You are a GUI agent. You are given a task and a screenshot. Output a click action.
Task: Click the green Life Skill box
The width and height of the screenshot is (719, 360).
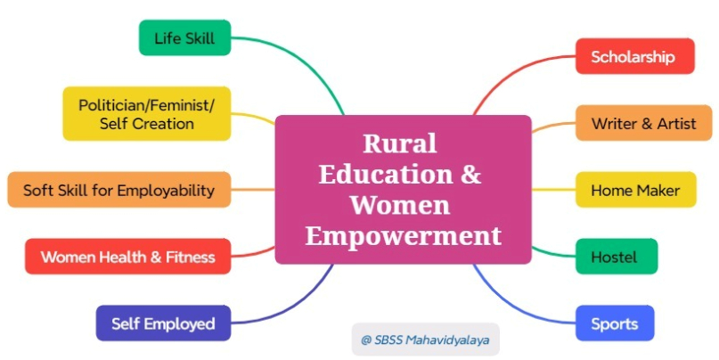pos(184,37)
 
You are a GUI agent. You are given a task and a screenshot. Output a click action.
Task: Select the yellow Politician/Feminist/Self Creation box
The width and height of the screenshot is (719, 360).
pos(147,114)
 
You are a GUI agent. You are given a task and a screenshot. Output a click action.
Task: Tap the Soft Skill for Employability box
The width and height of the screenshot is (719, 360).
pos(119,190)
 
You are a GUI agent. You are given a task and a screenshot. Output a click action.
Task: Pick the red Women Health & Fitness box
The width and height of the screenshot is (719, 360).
pos(128,257)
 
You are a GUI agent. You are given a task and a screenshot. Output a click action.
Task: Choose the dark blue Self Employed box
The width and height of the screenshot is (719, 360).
pos(163,323)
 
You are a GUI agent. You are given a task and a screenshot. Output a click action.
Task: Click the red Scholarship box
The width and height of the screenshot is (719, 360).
pos(635,56)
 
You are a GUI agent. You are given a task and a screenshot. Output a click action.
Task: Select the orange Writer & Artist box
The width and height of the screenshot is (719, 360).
pos(644,123)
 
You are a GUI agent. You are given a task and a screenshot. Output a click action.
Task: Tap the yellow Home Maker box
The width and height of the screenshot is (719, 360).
pos(636,190)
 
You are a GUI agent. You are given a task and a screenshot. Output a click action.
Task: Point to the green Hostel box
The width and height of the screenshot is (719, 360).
pos(617,257)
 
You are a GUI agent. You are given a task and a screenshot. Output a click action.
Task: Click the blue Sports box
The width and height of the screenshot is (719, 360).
pos(615,323)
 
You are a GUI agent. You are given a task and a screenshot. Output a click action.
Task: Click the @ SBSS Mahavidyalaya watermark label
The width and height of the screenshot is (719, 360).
pos(426,340)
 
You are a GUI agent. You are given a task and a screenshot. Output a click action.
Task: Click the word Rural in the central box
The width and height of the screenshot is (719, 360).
pos(400,143)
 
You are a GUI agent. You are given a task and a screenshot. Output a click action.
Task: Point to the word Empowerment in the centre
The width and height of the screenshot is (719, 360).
pos(403,236)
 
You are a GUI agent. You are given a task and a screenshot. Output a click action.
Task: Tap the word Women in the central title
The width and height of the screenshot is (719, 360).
pos(400,205)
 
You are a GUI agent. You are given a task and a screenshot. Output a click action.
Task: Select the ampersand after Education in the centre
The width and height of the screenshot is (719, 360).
pos(470,175)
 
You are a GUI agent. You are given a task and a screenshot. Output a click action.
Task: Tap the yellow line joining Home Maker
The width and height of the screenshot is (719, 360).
pos(553,190)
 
